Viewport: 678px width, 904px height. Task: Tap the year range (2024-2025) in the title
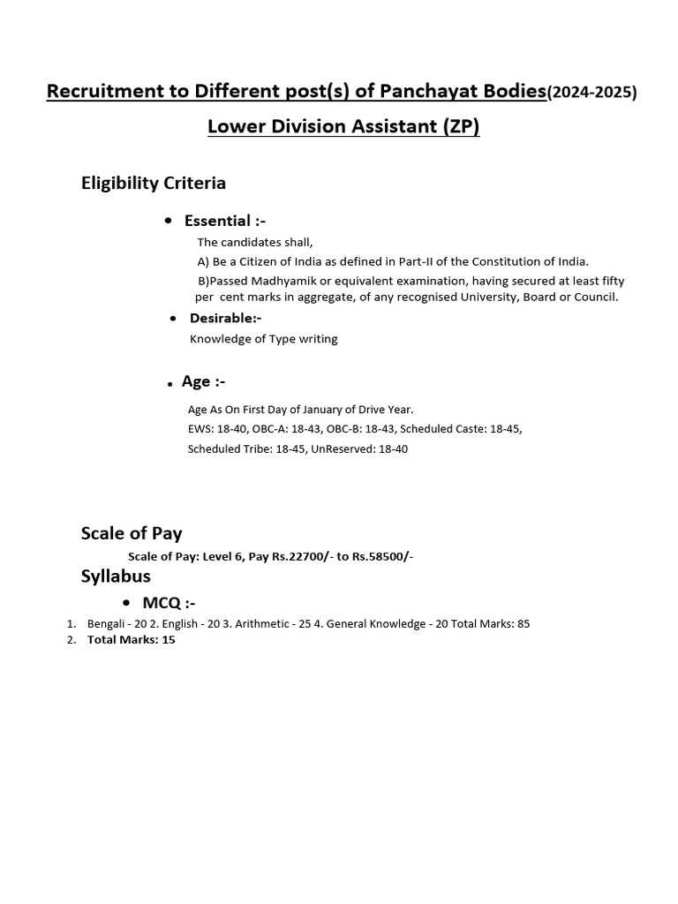[591, 92]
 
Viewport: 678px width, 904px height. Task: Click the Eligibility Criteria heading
[154, 183]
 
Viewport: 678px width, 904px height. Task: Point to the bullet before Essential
[169, 221]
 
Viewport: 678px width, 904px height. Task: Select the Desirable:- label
[225, 318]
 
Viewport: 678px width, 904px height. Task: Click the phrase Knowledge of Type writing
[263, 339]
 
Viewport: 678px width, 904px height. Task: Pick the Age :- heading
[203, 381]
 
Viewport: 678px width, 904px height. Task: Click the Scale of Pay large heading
[132, 532]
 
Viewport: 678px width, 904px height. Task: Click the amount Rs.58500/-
[382, 556]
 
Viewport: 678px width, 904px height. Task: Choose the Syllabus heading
[116, 576]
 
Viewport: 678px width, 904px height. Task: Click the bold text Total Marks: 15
[131, 640]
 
